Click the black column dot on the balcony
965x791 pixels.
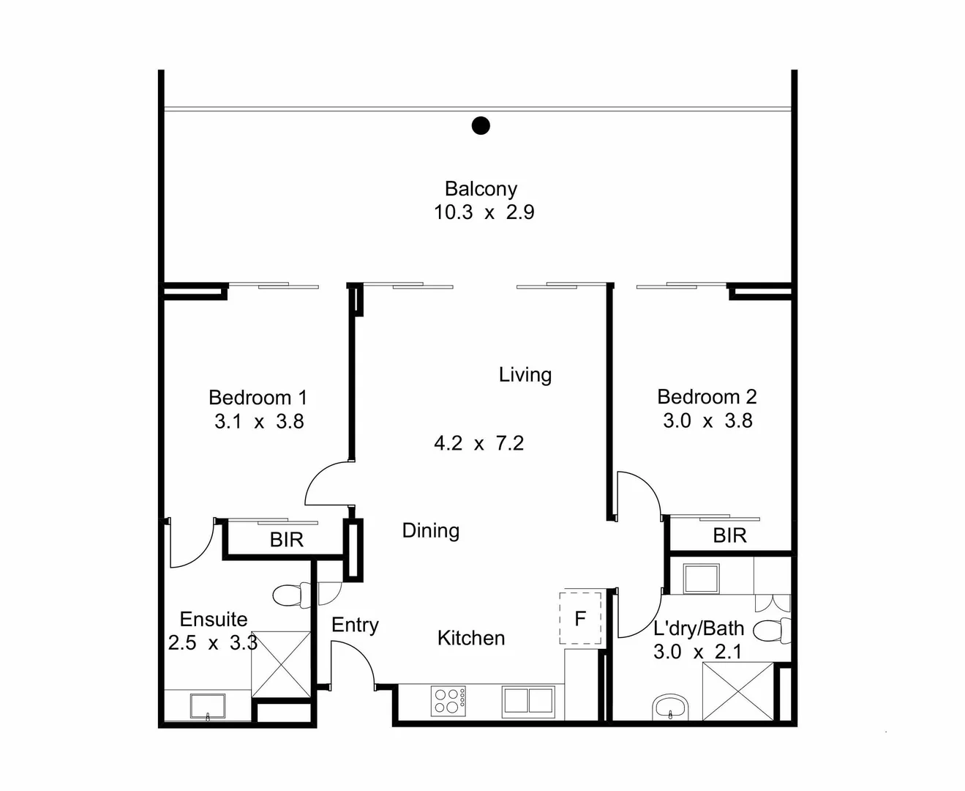click(481, 125)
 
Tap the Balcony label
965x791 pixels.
click(481, 189)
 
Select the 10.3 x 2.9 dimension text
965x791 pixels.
click(484, 212)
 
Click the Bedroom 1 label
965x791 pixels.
click(258, 398)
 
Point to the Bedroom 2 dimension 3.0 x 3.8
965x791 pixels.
click(708, 420)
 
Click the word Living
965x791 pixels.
click(525, 375)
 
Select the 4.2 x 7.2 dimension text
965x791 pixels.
click(479, 443)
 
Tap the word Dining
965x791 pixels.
click(431, 530)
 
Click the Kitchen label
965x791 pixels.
click(471, 638)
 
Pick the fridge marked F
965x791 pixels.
click(580, 618)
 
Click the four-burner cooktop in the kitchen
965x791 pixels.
click(448, 701)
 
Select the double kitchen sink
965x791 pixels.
click(528, 701)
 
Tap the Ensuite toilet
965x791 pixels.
click(292, 596)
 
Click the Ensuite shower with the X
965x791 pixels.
click(281, 664)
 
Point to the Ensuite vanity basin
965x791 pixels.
click(208, 706)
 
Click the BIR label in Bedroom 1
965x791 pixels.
click(287, 540)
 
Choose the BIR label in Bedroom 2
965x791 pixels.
click(729, 535)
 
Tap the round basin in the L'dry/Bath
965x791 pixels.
click(670, 708)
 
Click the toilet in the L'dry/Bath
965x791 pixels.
click(772, 630)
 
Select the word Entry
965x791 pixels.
click(355, 625)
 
